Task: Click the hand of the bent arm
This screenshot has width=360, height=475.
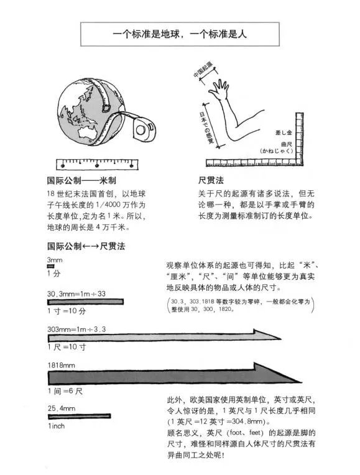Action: [221, 91]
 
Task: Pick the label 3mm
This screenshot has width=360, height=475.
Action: [54, 259]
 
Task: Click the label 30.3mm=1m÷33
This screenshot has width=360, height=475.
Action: [76, 293]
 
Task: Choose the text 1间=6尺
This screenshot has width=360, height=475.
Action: [65, 392]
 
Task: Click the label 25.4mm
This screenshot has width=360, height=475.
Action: [61, 407]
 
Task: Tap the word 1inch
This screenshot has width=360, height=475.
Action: [56, 426]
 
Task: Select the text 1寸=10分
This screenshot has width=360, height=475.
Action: [67, 311]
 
